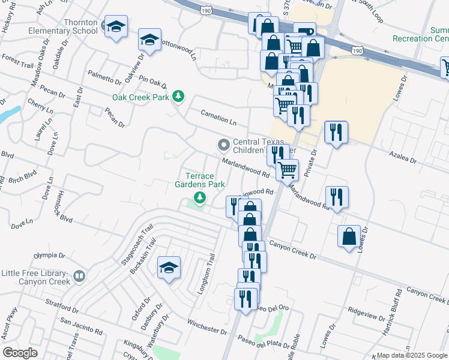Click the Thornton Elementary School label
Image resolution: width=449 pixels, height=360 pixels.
pos(72,26)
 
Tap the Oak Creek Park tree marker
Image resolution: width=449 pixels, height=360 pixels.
pos(178,96)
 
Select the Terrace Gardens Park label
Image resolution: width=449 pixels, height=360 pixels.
pos(199,180)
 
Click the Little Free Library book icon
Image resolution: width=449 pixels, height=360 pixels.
pos(79,277)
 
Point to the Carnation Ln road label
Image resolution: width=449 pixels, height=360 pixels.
pos(220,116)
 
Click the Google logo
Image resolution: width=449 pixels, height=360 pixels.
pos(20,353)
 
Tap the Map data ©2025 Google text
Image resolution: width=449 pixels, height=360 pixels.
pos(411,355)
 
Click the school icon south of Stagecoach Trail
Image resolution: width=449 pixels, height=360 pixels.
pos(169,267)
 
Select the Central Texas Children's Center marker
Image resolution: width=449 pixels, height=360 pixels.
pos(224,145)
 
